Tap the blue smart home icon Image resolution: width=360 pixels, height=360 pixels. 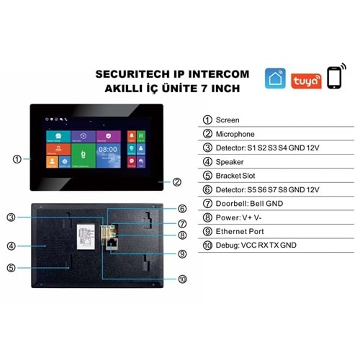click(276, 78)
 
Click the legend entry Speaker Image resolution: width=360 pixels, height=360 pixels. click(230, 161)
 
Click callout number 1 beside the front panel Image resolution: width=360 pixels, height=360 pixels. click(17, 158)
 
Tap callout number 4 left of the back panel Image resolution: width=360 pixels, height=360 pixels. click(12, 246)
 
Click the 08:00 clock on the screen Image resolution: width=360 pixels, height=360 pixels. click(107, 150)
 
